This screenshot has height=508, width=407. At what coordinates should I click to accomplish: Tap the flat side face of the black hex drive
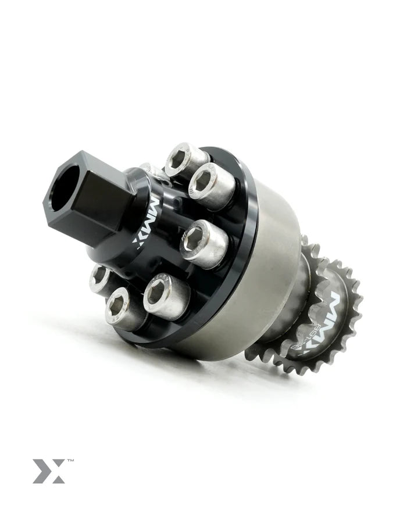pyautogui.click(x=99, y=200)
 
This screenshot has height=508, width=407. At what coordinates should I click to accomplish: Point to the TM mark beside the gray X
pyautogui.click(x=70, y=460)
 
